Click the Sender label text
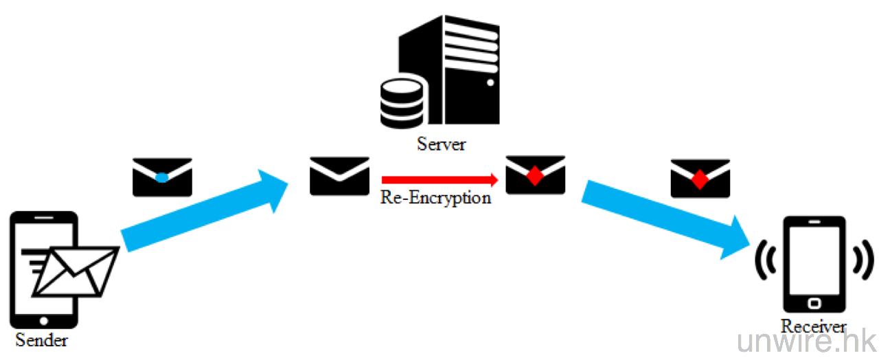click(x=42, y=339)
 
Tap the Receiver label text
click(x=813, y=326)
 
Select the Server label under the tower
click(x=442, y=144)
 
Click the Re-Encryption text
click(x=436, y=198)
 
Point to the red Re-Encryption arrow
click(x=439, y=180)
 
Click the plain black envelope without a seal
click(x=339, y=176)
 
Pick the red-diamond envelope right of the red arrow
click(x=535, y=175)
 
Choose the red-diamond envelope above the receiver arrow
click(x=700, y=178)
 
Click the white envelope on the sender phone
click(x=76, y=271)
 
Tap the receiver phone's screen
click(x=814, y=261)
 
